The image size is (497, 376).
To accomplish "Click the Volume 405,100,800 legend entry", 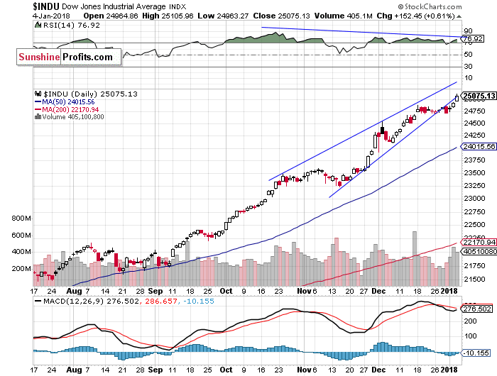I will point(73,116).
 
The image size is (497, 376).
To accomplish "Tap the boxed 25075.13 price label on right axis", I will point(478,96).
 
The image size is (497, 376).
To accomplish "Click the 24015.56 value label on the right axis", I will point(477,147).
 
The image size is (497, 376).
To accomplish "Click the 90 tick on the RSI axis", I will point(469,31).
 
